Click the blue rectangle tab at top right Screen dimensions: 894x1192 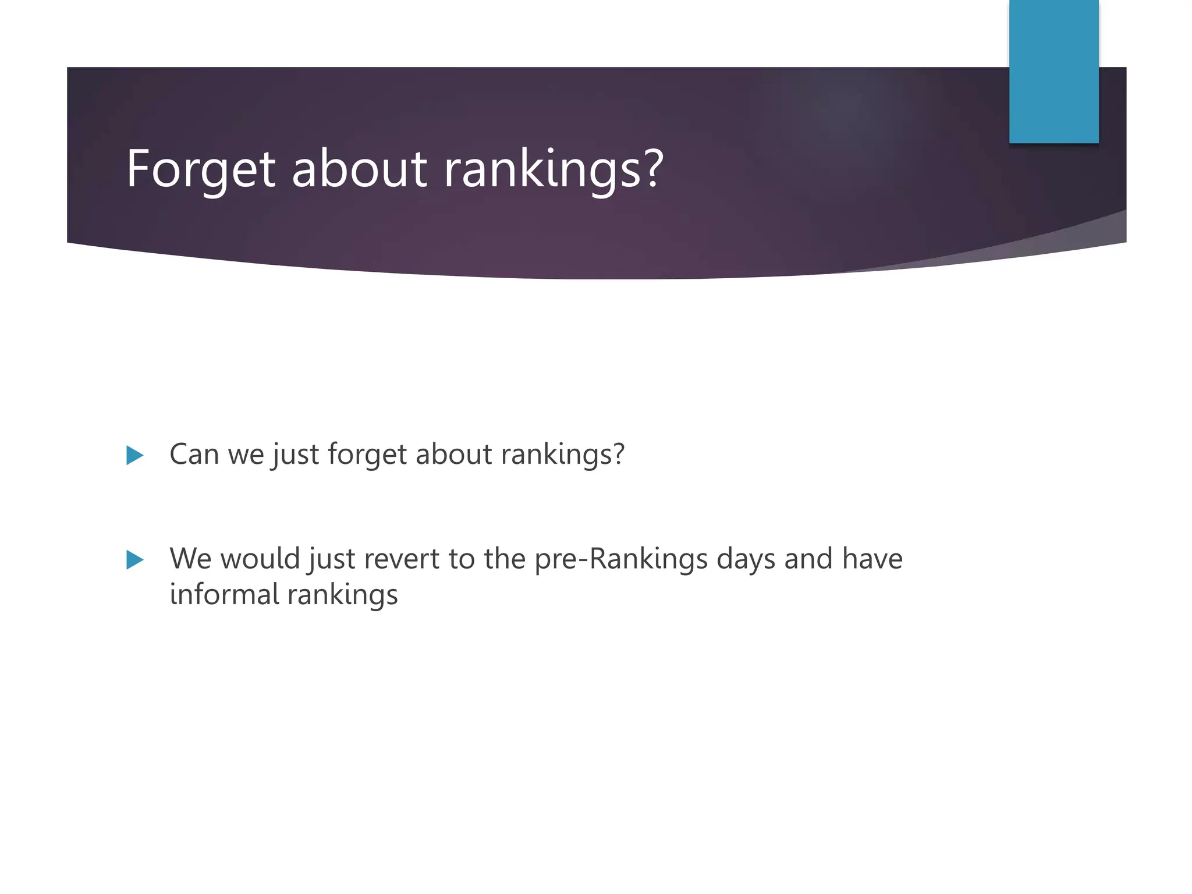pyautogui.click(x=1053, y=71)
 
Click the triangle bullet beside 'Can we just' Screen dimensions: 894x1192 pyautogui.click(x=134, y=455)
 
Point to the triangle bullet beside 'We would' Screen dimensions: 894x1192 pyautogui.click(x=134, y=560)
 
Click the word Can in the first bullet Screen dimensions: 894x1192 pyautogui.click(x=194, y=454)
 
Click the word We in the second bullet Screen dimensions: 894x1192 pyautogui.click(x=190, y=559)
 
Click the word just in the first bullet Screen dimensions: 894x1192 pyautogui.click(x=296, y=454)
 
